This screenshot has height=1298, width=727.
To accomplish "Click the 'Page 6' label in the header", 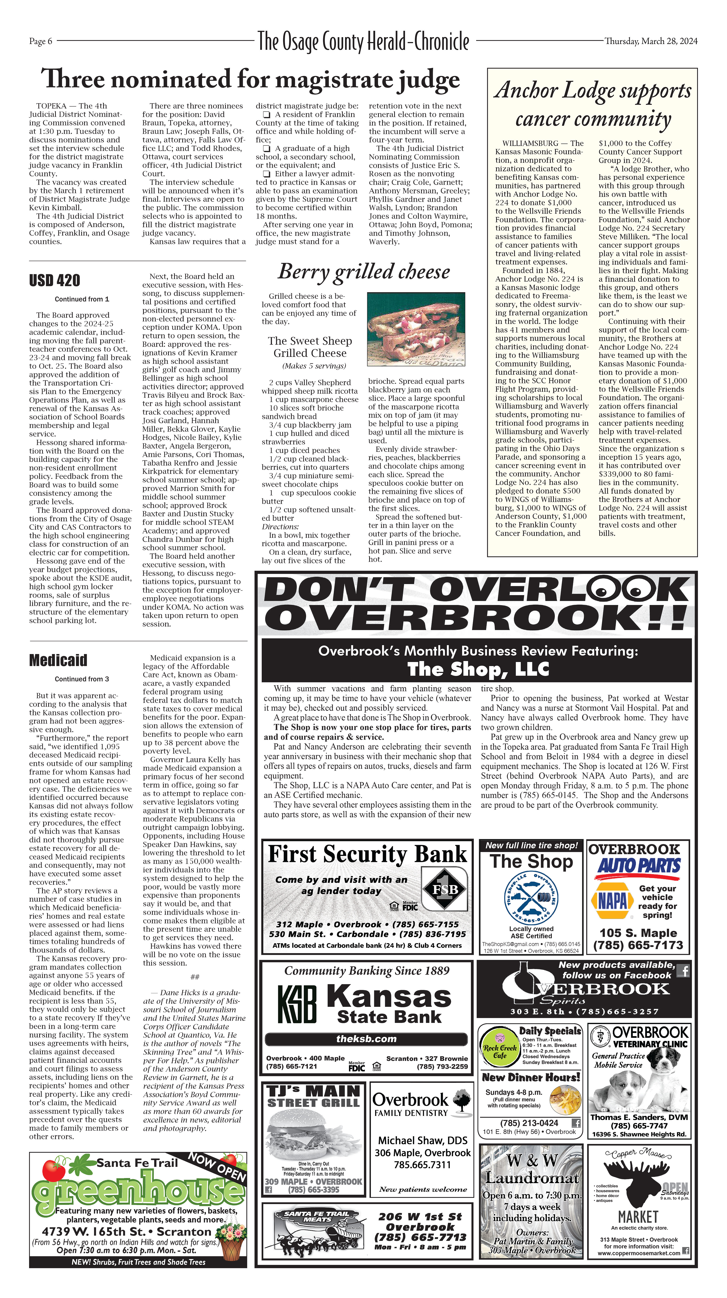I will coord(40,41).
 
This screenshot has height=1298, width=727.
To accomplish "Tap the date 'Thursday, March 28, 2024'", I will coord(651,41).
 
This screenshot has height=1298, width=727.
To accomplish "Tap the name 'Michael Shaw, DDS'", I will coord(422,1140).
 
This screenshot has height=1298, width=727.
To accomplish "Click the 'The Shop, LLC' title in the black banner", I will coord(478,669).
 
